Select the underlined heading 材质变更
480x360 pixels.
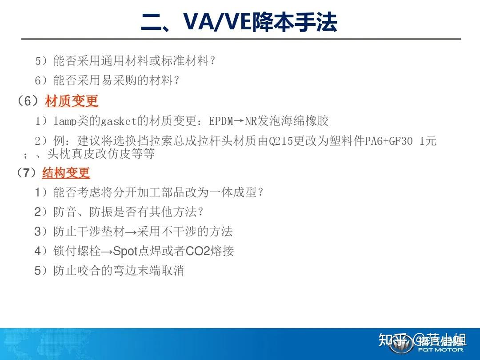click(72, 101)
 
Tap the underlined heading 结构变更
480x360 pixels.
click(66, 172)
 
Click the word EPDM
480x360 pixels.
click(221, 120)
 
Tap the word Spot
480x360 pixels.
click(126, 251)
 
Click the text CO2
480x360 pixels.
click(198, 251)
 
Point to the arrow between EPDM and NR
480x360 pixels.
click(239, 120)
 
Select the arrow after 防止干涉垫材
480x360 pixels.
click(132, 232)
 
